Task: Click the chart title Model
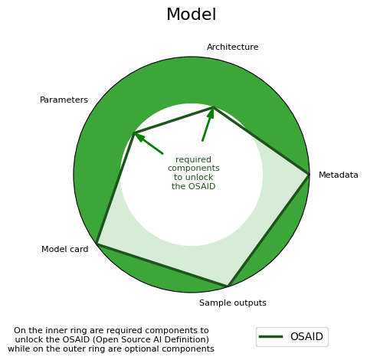(x=192, y=14)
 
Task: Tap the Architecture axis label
(x=232, y=47)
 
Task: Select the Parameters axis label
(x=64, y=100)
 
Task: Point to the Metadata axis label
(x=339, y=175)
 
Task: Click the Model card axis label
(x=65, y=249)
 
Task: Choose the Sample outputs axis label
(x=233, y=303)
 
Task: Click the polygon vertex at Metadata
(x=308, y=175)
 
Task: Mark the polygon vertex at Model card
(x=97, y=244)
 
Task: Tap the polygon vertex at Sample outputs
(x=228, y=286)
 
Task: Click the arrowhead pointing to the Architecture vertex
(x=211, y=113)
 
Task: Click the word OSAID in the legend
(x=306, y=336)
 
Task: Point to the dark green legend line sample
(x=270, y=337)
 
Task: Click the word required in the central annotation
(x=193, y=159)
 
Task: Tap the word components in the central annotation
(x=194, y=169)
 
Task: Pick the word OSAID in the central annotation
(x=202, y=186)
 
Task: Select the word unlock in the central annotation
(x=201, y=177)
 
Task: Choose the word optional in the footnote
(x=162, y=349)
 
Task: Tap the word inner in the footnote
(x=57, y=330)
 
